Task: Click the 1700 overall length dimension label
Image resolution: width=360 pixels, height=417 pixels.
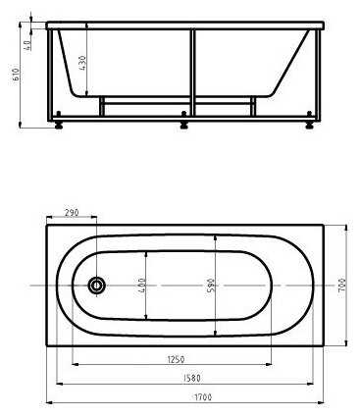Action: [x=203, y=397]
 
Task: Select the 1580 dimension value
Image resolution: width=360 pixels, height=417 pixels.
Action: [x=191, y=378]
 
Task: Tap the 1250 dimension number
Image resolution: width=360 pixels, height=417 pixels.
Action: [x=176, y=359]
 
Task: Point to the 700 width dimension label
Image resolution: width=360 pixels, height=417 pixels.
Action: [x=342, y=285]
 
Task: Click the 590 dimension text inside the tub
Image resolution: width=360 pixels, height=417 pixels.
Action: [x=211, y=286]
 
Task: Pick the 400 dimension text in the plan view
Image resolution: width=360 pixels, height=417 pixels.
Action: [x=142, y=285]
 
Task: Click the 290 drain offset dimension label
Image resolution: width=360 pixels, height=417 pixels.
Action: [x=72, y=213]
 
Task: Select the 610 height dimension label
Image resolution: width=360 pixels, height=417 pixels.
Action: [x=17, y=75]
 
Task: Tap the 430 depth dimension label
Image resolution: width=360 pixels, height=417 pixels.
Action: [x=82, y=63]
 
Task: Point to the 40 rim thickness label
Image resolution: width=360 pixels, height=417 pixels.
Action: [x=28, y=43]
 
